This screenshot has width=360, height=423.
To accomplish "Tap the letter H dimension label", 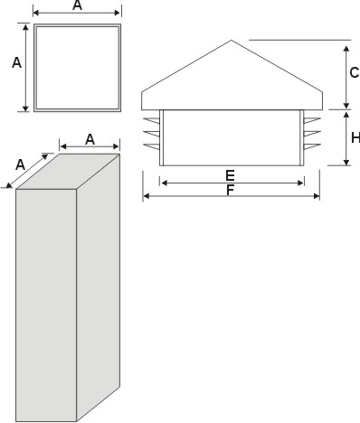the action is click(355, 137).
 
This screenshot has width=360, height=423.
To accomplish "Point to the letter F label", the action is click(231, 191).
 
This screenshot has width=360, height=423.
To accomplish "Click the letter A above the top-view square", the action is click(77, 6).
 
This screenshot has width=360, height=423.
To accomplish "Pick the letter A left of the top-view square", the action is click(16, 62).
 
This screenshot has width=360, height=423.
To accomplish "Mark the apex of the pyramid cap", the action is click(232, 41).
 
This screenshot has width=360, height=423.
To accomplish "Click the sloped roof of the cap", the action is click(232, 77).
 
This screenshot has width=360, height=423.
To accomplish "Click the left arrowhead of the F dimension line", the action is click(147, 196).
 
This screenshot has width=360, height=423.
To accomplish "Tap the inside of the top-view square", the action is click(77, 68).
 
